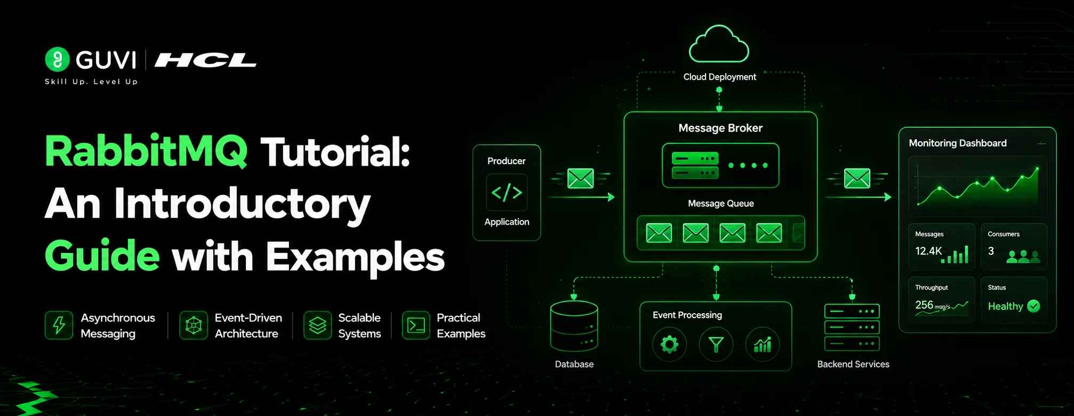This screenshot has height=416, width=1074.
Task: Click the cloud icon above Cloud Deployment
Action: point(719,45)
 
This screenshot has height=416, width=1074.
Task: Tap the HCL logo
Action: point(206,60)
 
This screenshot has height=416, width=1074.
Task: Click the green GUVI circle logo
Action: point(57,59)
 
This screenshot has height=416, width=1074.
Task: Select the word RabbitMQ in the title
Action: point(146,152)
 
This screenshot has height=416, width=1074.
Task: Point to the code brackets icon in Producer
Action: point(507,192)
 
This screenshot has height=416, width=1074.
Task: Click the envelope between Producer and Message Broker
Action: point(581,178)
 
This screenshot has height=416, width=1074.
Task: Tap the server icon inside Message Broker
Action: point(695,165)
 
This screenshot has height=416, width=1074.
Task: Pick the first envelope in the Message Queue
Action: point(659,233)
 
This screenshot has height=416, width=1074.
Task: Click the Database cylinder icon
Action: point(574,326)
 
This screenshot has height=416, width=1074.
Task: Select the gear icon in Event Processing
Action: point(669,345)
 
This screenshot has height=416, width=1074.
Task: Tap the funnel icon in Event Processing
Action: point(716,345)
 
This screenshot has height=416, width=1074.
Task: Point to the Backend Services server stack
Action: point(852,328)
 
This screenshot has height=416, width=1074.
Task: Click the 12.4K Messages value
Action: point(928,251)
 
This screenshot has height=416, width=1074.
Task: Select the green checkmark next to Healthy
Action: point(1033,306)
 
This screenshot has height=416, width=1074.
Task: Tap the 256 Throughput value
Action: point(924,305)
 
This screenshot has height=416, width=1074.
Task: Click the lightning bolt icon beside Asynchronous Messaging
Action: point(59,325)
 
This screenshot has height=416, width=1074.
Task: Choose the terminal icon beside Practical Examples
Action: point(416,325)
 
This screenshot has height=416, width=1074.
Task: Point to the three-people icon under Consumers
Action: point(1023,257)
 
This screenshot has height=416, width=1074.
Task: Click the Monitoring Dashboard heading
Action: point(958,143)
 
